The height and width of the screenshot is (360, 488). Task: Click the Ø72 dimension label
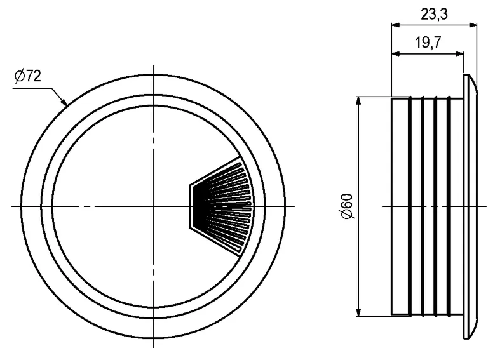(x=27, y=77)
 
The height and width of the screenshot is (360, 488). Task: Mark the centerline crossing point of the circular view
(x=152, y=206)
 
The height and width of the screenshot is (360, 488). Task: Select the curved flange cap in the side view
(x=471, y=206)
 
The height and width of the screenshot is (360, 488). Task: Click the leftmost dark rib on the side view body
(x=409, y=206)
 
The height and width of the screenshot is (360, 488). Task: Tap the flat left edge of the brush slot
(x=191, y=206)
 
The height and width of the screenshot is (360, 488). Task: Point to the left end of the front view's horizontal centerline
(x=13, y=206)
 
